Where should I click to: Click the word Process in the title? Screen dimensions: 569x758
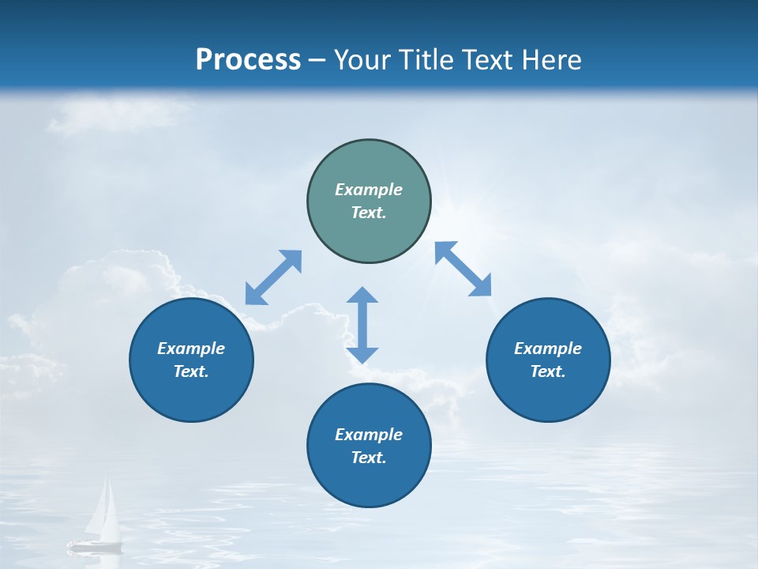[248, 60]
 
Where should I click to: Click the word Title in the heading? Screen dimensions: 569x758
[426, 60]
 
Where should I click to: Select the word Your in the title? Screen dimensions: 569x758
[362, 60]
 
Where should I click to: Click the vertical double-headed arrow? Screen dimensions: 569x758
[362, 326]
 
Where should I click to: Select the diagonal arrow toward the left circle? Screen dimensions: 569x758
[273, 277]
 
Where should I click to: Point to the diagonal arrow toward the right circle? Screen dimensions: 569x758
[463, 269]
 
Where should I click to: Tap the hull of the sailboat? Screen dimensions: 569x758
[95, 545]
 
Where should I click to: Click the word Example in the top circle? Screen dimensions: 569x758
[369, 190]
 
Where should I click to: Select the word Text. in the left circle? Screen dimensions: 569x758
[191, 371]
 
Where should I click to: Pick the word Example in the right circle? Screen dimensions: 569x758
[548, 349]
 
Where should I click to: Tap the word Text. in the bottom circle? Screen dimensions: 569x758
[369, 458]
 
